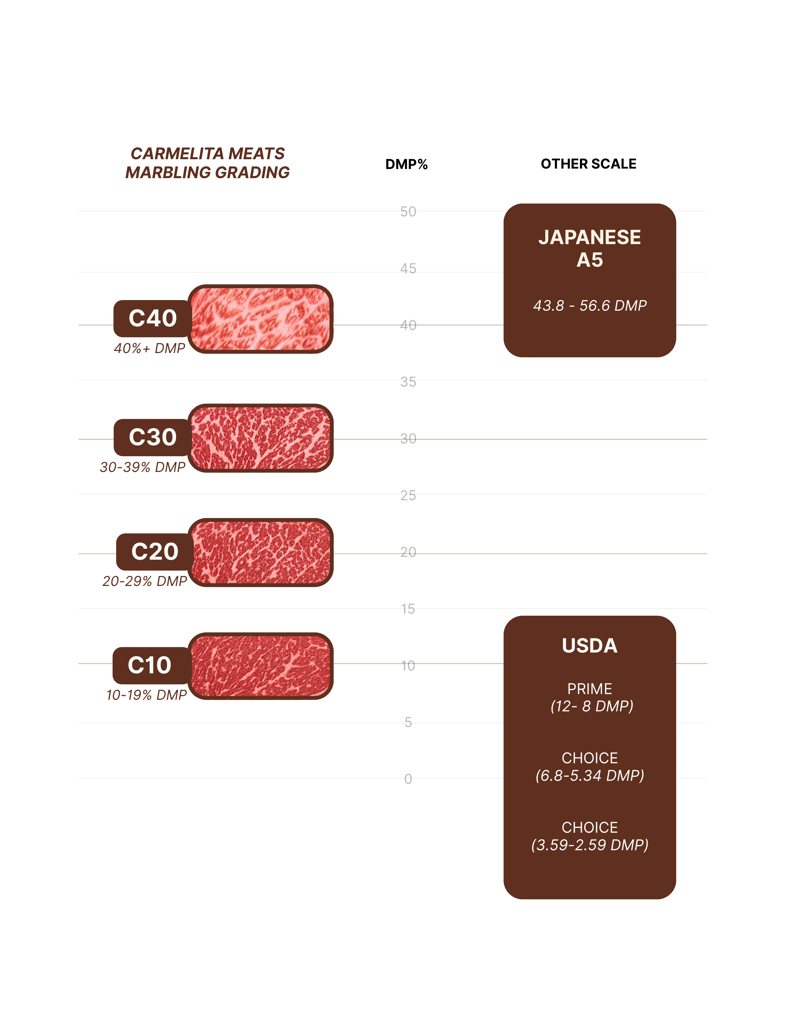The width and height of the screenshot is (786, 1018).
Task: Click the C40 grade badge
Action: point(152,318)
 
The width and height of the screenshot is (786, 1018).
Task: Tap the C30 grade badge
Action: point(152,437)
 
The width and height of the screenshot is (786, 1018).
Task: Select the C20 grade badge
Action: point(155,552)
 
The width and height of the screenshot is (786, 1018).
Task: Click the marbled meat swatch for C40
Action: point(261,319)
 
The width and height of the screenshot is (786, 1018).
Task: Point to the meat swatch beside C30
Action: point(261,438)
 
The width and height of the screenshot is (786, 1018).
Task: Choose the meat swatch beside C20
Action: point(261,552)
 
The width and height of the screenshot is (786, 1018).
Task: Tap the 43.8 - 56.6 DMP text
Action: point(589,306)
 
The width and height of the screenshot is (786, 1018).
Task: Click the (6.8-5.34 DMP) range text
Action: point(589,776)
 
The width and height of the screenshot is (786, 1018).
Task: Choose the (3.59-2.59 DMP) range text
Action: point(589,845)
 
